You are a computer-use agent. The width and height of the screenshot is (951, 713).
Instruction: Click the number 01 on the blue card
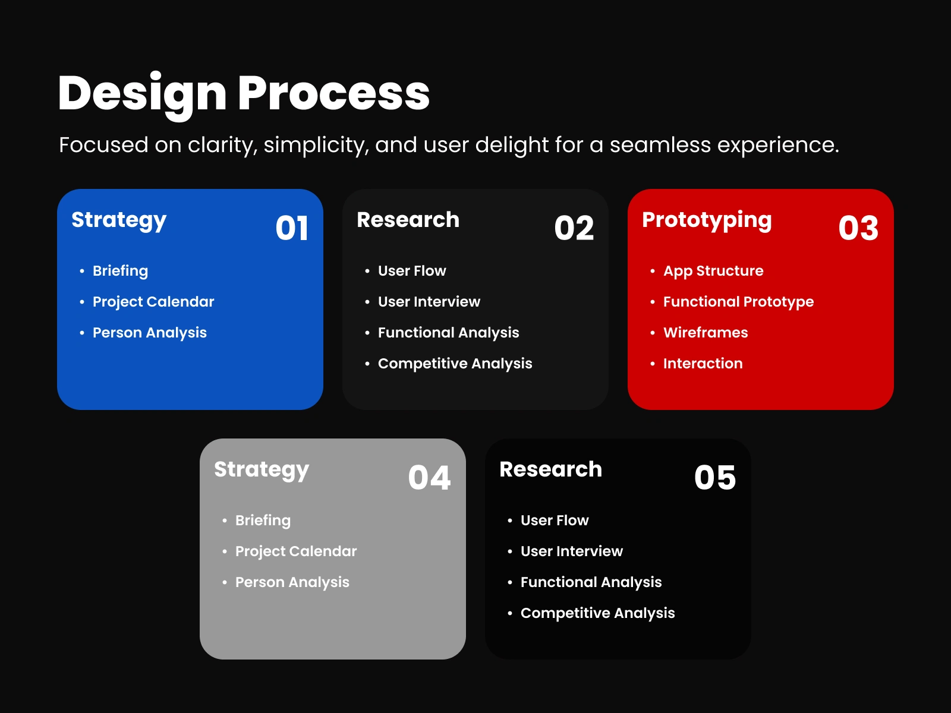coord(292,228)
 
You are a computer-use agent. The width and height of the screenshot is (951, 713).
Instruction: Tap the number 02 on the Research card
coord(574,228)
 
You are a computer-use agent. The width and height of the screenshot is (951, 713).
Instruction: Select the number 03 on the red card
coord(858,228)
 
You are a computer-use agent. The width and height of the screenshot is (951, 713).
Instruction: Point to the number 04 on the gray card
coord(429,478)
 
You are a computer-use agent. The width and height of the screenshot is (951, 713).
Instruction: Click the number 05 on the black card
coord(715,478)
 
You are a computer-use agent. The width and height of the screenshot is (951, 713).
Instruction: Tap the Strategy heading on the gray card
coord(262,470)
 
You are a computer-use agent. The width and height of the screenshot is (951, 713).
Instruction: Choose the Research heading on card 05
coord(550,469)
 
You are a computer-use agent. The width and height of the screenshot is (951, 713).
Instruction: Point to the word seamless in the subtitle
coord(660,144)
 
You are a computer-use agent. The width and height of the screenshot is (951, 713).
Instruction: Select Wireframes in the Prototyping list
coord(706,333)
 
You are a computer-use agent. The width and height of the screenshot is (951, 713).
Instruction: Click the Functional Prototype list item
coord(739,302)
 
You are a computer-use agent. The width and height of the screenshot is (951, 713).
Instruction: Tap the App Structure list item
coord(714,272)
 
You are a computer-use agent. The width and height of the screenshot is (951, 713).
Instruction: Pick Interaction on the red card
coord(703,364)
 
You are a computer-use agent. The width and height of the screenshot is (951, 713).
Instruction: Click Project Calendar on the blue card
coord(153,302)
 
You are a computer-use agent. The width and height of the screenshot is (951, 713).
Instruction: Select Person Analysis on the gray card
coord(292,583)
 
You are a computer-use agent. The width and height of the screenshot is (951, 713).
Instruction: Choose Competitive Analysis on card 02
coord(455,364)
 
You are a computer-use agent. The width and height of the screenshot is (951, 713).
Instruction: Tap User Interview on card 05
coord(572,551)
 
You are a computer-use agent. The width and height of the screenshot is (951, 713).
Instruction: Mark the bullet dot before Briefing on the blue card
coord(82,272)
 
